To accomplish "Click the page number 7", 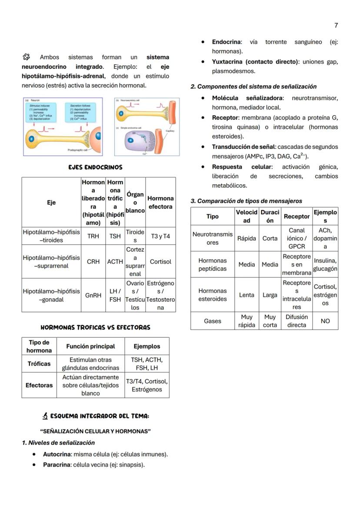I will click(336, 26).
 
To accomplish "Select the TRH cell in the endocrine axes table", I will click(93, 236).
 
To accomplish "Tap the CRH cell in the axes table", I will click(93, 262).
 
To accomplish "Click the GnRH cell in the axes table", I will click(93, 295).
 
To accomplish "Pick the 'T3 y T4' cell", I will click(160, 236).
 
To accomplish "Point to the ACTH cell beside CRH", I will click(115, 262).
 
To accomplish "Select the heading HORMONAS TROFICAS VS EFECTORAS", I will click(95, 327).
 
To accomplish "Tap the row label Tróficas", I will click(39, 364).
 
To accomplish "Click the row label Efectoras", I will click(39, 385).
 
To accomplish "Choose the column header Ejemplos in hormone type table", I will click(147, 346).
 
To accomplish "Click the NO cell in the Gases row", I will click(325, 321).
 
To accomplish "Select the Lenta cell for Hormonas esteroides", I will click(247, 295).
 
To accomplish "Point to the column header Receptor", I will click(297, 216).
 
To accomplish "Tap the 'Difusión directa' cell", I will click(297, 321).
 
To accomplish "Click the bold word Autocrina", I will click(57, 454).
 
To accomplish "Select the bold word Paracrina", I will click(57, 465).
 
